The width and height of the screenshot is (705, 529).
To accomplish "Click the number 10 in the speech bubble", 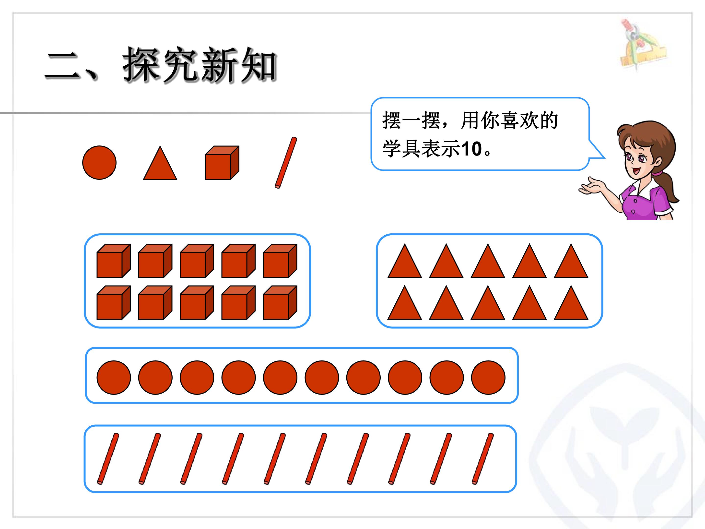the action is [x=472, y=149].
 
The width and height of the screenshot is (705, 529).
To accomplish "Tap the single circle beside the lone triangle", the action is [x=99, y=163].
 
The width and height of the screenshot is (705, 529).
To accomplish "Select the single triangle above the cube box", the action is [x=160, y=163].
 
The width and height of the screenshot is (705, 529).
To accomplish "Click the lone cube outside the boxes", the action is [x=222, y=163].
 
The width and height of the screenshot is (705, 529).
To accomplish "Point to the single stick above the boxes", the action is [x=286, y=163].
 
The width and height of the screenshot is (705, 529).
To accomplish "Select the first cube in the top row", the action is [x=114, y=261].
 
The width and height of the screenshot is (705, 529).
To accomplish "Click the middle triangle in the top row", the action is [x=488, y=261].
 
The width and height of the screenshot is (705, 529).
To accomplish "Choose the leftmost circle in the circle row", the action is [x=114, y=378].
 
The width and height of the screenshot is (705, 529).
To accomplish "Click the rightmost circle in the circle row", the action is [x=488, y=378].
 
